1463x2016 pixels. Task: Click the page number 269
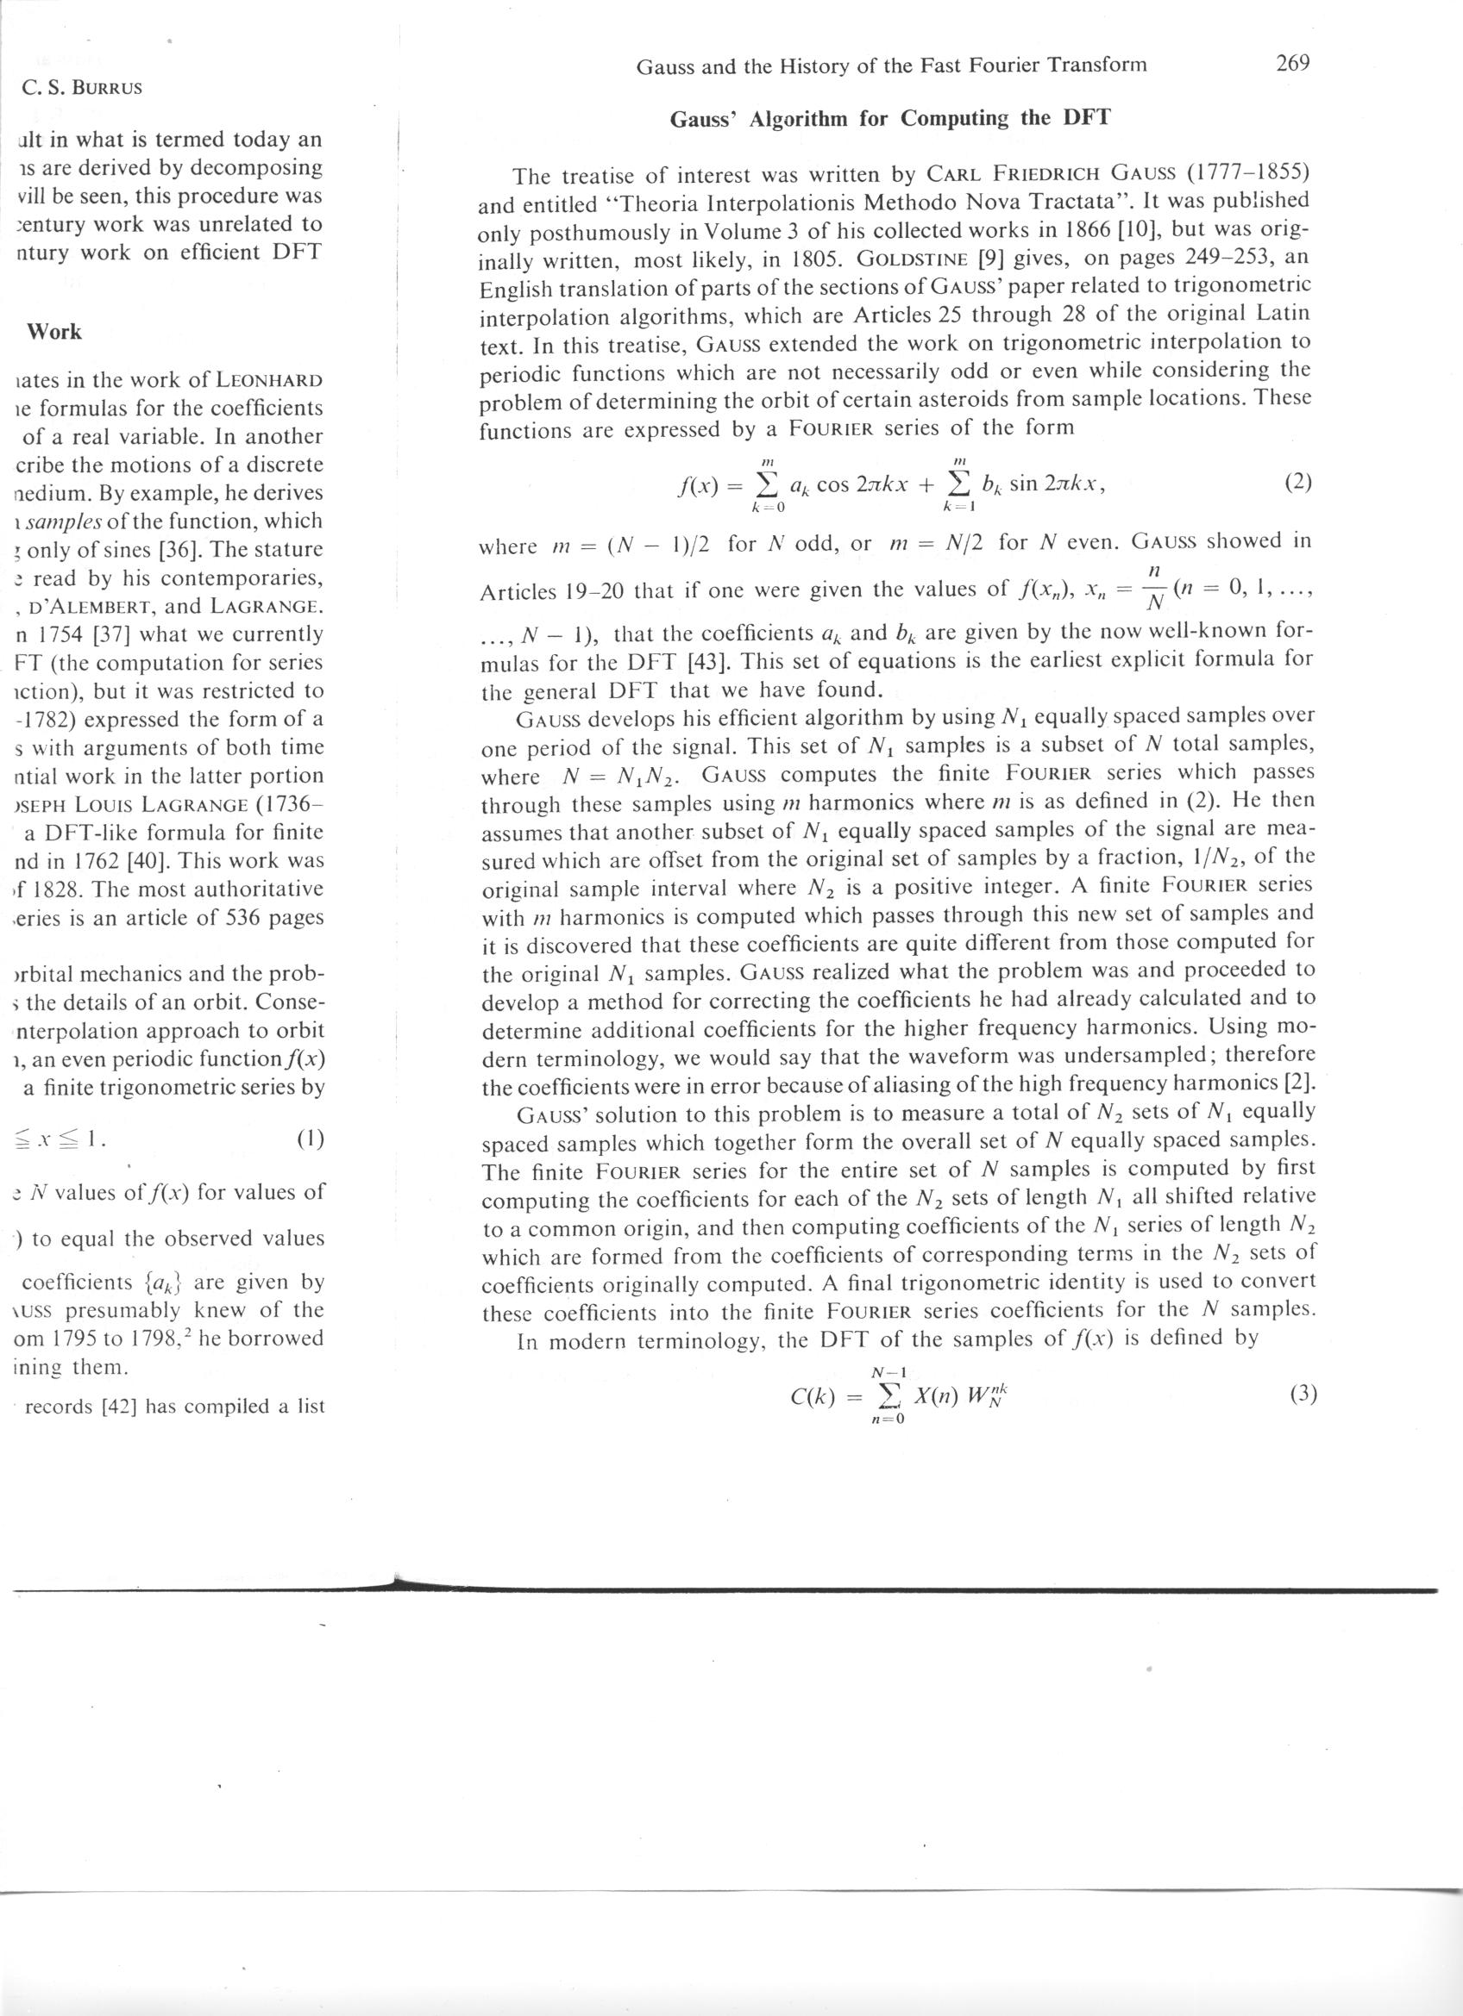[1293, 63]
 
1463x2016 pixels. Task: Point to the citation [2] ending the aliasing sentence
[1302, 1084]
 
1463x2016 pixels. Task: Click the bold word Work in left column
[54, 332]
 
